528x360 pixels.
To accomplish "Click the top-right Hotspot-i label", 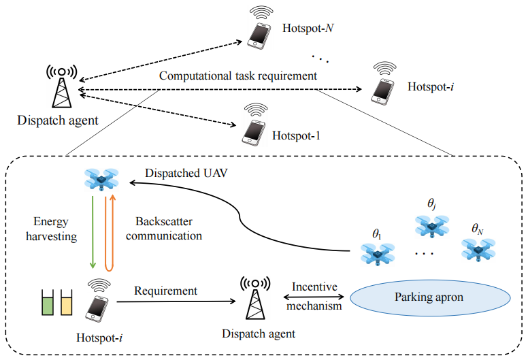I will pos(428,87).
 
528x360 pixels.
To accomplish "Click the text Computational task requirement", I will pos(238,76).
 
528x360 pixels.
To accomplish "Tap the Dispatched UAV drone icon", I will pos(101,178).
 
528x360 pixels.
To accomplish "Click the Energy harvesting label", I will pos(54,229).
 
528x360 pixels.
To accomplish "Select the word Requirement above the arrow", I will pos(165,291).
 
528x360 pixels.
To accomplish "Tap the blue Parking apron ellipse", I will pos(430,298).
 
